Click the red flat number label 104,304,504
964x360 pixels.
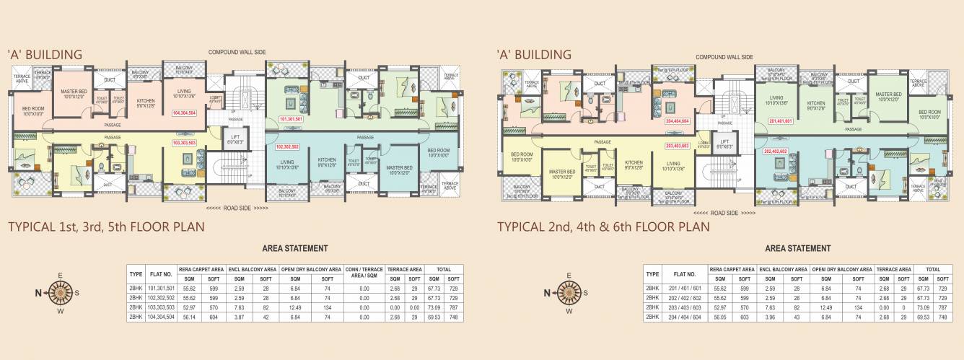click(x=185, y=113)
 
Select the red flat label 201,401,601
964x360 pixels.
click(x=781, y=121)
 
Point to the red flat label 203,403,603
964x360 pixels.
click(x=678, y=146)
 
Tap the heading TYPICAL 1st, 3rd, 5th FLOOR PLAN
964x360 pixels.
click(x=106, y=227)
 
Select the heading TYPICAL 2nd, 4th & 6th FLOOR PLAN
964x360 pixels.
click(x=603, y=227)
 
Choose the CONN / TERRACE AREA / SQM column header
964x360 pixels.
click(x=365, y=273)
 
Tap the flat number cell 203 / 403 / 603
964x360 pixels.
click(x=671, y=307)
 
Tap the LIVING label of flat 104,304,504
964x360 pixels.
click(x=183, y=91)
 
